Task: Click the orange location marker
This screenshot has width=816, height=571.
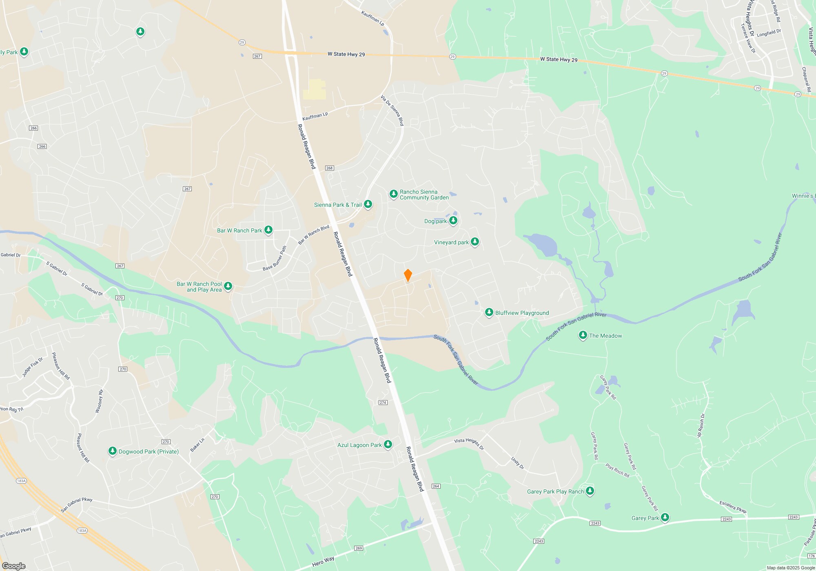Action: click(408, 275)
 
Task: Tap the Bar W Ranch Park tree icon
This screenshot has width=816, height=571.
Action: click(268, 230)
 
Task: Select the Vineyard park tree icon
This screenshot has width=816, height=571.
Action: click(475, 242)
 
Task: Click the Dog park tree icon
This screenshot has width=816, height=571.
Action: click(453, 221)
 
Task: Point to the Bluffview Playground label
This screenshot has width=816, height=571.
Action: click(522, 313)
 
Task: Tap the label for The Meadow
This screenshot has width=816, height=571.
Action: click(605, 336)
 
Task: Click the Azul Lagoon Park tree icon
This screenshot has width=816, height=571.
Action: click(388, 445)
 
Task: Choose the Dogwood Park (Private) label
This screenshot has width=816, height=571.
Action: click(149, 451)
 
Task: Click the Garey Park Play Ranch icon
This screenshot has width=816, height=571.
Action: click(590, 491)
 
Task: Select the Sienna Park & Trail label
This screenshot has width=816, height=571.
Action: click(338, 205)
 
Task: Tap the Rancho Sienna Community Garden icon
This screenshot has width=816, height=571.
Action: click(393, 194)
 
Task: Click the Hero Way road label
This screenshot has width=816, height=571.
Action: click(323, 562)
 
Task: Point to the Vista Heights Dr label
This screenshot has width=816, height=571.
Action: click(469, 444)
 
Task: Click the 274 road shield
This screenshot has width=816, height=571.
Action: click(383, 403)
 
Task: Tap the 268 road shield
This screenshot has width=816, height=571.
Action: click(329, 168)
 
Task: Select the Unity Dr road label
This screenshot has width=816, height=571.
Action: click(517, 463)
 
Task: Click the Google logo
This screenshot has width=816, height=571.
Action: click(14, 566)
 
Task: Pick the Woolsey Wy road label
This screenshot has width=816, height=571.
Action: click(99, 401)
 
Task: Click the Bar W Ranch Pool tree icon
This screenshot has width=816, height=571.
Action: click(228, 286)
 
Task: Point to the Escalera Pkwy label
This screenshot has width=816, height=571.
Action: click(733, 507)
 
